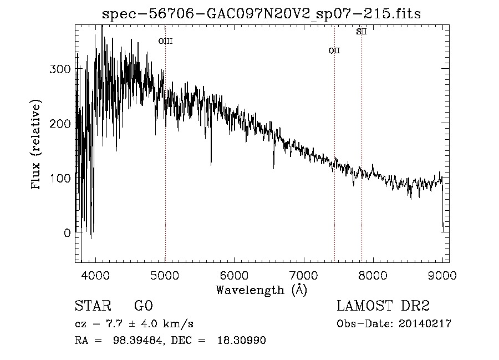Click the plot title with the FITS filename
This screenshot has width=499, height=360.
[x=262, y=14]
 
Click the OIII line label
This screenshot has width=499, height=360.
[x=165, y=40]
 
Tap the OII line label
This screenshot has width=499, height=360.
[x=334, y=50]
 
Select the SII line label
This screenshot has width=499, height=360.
[x=361, y=32]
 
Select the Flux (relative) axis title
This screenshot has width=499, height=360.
[x=37, y=145]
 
